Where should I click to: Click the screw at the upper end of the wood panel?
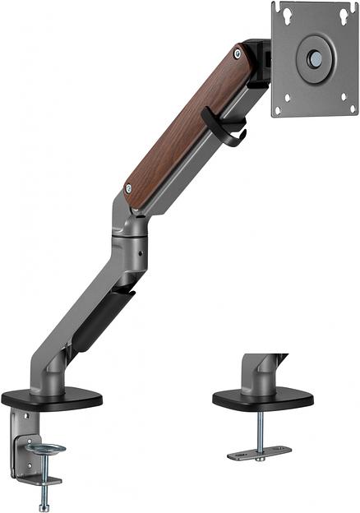(238, 54)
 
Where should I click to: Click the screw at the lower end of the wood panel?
(127, 187)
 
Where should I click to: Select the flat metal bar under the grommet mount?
(259, 453)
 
